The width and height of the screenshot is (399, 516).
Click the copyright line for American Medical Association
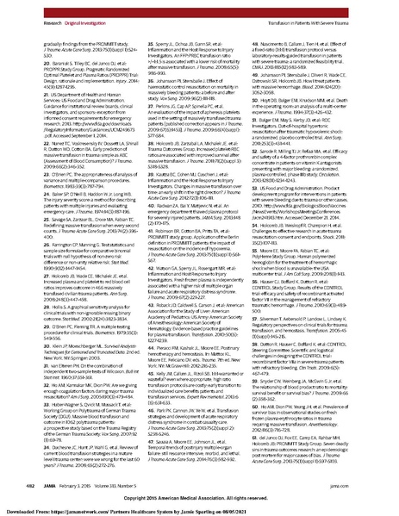pos(200,497)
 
